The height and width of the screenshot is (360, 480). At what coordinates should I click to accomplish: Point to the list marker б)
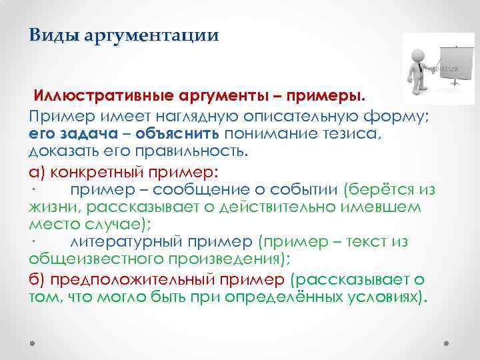(x=37, y=279)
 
